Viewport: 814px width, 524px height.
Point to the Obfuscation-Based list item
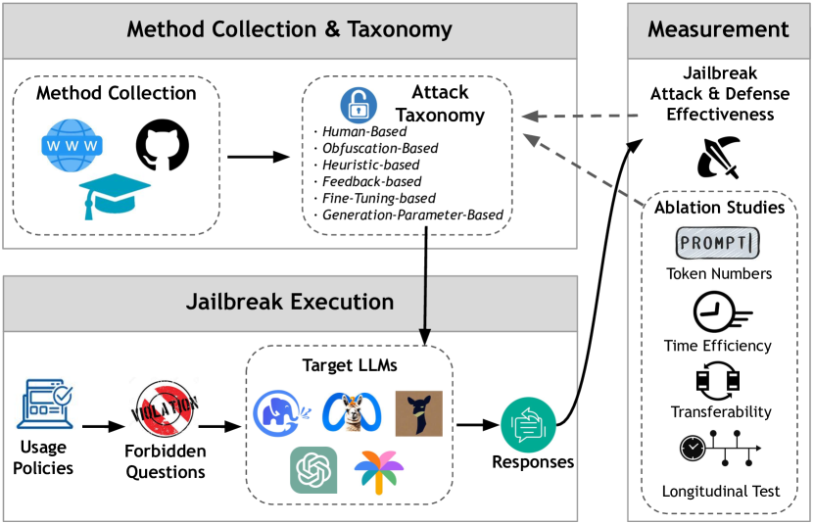(x=381, y=149)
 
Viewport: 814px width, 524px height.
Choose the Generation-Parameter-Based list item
(x=411, y=215)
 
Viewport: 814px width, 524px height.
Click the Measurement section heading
(x=718, y=28)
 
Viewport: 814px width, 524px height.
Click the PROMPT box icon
(x=719, y=241)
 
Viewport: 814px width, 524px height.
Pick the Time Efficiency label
(x=718, y=346)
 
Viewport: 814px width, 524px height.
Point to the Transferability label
(x=718, y=411)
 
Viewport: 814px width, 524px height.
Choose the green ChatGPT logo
(x=312, y=471)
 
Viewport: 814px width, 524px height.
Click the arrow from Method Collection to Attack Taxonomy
(x=258, y=155)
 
